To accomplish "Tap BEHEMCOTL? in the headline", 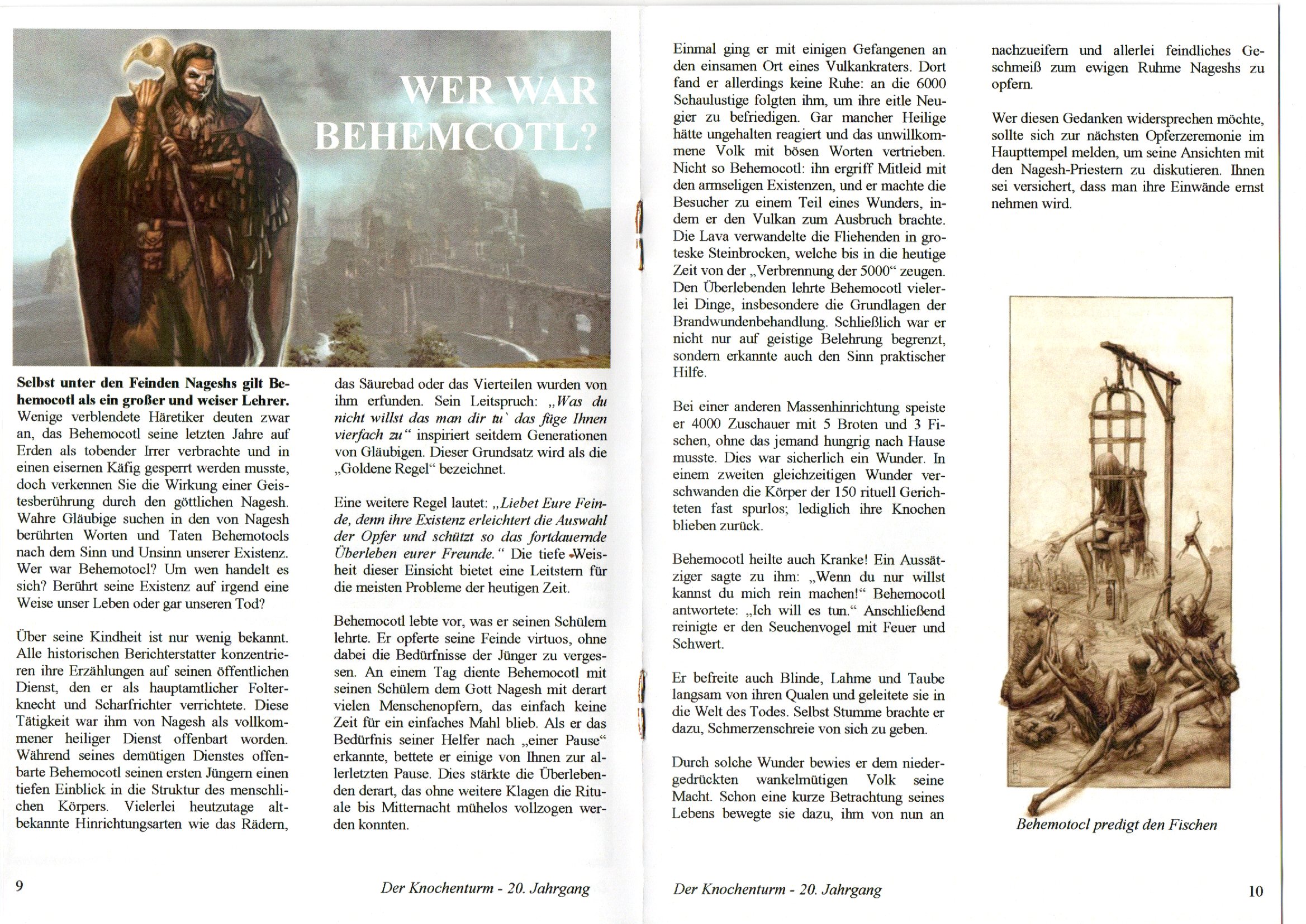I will click(456, 137).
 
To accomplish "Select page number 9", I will click(20, 886).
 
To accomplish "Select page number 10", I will click(1255, 890).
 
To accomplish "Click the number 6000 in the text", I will click(931, 84).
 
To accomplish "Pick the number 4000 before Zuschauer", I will click(709, 424).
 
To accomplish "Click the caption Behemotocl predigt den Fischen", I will click(1116, 825).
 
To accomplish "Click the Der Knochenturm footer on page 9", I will click(485, 889).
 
